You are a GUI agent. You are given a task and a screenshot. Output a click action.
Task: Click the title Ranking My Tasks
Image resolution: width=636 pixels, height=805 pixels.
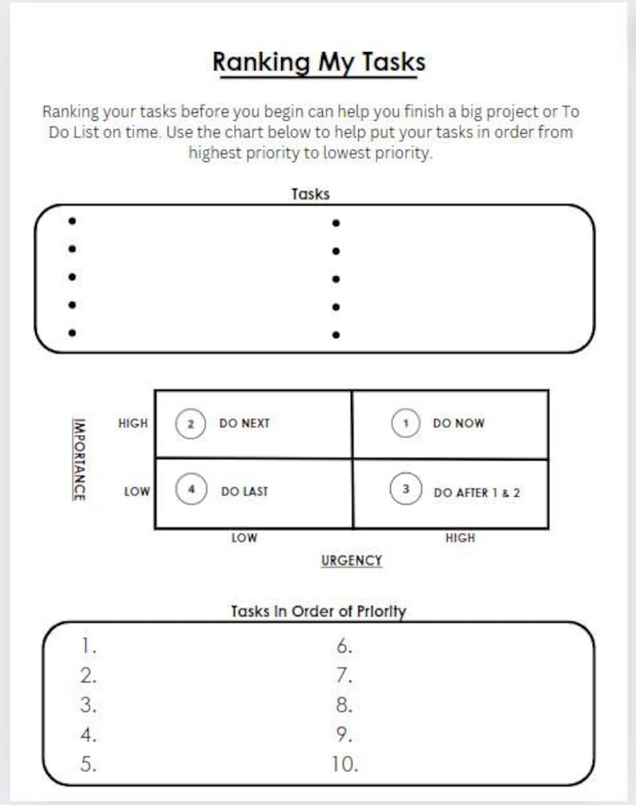tap(318, 62)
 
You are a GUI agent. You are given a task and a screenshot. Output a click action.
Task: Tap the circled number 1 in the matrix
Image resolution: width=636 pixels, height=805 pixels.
tap(405, 423)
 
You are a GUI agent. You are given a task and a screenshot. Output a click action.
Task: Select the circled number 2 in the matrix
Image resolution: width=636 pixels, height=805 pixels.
tap(191, 423)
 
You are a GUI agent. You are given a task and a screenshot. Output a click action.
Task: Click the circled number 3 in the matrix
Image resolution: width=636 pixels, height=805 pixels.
tap(405, 489)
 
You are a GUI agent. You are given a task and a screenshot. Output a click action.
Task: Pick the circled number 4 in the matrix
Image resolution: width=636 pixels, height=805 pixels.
tap(191, 489)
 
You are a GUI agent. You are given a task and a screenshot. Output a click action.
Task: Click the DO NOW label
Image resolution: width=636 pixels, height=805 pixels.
tap(458, 424)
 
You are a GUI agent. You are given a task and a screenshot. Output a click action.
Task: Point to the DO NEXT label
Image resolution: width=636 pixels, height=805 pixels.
tap(244, 424)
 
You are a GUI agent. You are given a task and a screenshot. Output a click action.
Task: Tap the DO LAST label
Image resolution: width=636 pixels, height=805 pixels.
tap(244, 492)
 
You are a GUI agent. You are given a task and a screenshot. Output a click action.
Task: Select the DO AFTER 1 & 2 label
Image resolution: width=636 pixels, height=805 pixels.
tap(477, 493)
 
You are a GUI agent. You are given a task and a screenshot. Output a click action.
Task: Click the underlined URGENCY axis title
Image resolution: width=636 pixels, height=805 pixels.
tap(351, 561)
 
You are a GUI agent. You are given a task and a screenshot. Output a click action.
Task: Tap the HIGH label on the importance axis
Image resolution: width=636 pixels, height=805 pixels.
tap(132, 423)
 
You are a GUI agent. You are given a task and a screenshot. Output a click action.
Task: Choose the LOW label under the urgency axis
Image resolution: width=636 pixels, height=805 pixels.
tap(244, 538)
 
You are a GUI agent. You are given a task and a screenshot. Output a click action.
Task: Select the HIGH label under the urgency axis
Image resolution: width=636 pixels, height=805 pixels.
tap(460, 538)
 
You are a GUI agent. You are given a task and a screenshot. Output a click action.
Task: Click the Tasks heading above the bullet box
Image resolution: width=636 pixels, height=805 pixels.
tap(310, 194)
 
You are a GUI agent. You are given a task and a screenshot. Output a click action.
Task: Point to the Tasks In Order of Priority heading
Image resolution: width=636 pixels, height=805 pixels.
tap(318, 611)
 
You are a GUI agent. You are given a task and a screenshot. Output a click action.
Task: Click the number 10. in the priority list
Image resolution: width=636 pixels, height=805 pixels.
tap(345, 764)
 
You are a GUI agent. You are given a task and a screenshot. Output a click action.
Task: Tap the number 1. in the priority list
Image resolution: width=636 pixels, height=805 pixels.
tap(88, 646)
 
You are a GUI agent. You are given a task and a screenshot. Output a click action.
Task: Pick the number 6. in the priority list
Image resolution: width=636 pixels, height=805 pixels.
tap(344, 646)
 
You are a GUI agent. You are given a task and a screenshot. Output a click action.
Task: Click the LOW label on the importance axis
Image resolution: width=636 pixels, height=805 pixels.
tap(136, 492)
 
